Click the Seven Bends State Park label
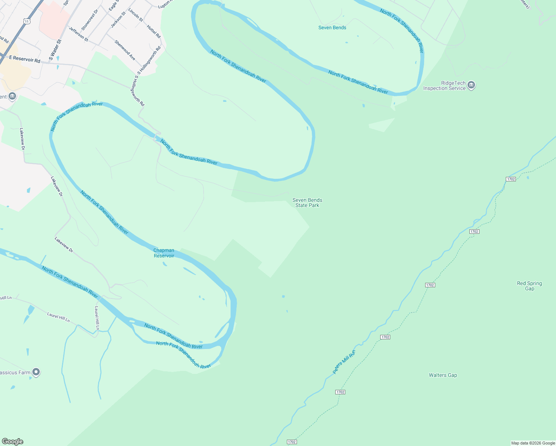307,203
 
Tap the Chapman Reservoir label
164,253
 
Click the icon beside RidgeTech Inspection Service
471,85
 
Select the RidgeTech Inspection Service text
445,86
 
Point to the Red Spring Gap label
529,286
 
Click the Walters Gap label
443,375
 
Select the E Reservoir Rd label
25,59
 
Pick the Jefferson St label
78,34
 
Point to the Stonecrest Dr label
90,20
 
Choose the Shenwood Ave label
125,50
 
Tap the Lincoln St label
136,15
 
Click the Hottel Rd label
153,32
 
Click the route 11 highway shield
26,21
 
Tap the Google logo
13,442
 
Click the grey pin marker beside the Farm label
36,372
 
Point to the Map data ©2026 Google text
533,443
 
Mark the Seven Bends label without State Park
332,28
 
